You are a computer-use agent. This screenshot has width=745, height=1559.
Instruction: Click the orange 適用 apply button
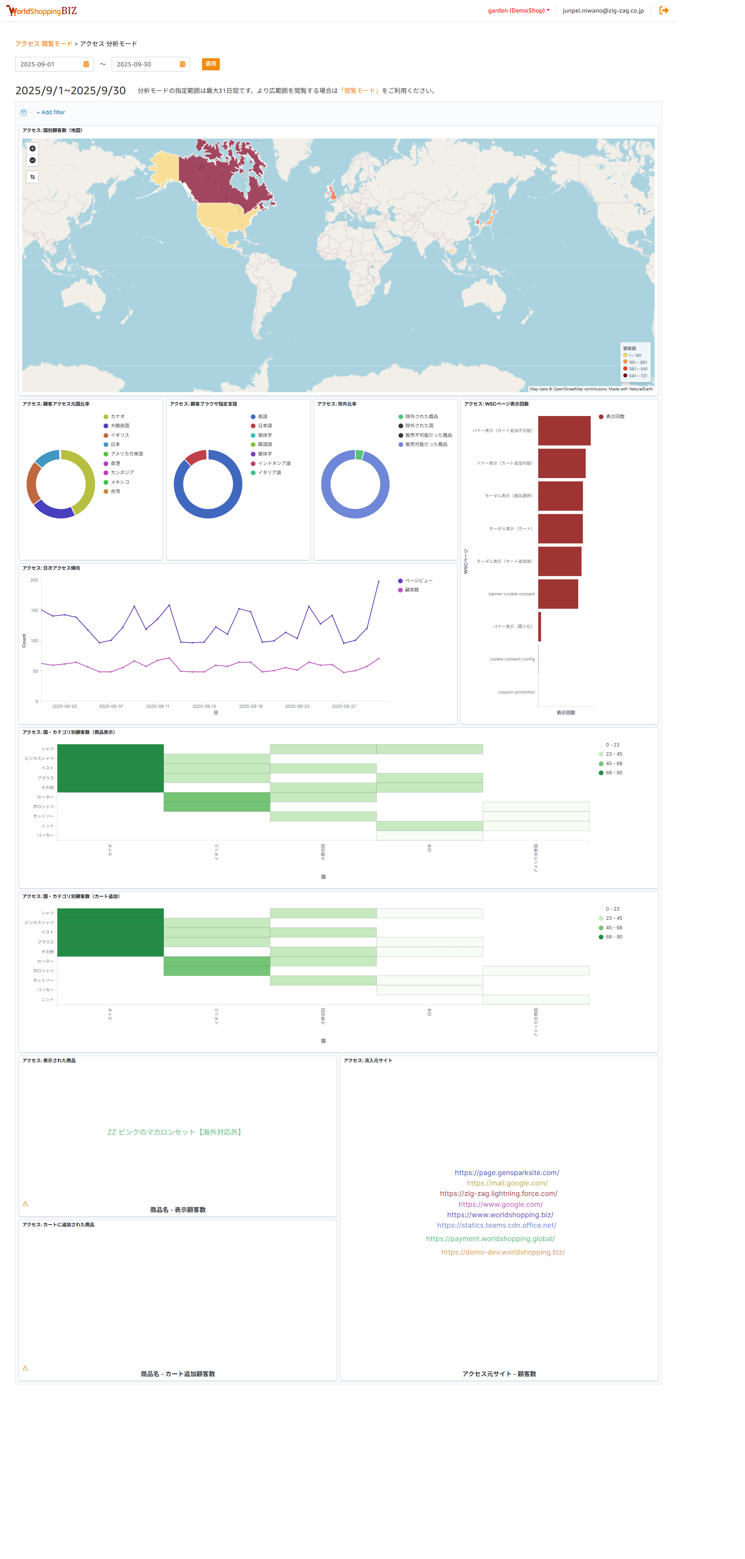pos(211,64)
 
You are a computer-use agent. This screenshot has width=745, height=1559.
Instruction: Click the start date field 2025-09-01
pos(48,64)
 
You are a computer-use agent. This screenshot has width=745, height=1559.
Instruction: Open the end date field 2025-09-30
pos(145,64)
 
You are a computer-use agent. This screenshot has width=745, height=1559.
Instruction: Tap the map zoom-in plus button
pos(33,148)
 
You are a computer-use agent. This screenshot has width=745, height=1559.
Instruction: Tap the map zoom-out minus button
pos(33,160)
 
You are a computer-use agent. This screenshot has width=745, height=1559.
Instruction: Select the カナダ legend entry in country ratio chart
pos(117,416)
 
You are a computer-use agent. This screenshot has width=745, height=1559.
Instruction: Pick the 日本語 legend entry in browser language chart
pos(265,426)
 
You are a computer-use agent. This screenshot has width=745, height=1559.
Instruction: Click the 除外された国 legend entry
pos(419,426)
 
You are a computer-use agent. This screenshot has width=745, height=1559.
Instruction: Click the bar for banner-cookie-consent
pos(557,594)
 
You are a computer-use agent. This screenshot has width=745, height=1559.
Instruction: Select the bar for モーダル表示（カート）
pos(560,528)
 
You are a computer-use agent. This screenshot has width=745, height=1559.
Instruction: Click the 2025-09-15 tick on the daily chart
pos(204,706)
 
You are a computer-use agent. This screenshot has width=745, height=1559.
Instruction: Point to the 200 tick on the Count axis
pos(34,580)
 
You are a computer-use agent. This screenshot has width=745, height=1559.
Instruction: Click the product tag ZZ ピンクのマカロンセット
pos(175,1132)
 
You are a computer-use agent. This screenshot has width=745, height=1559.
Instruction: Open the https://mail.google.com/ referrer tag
pos(507,1183)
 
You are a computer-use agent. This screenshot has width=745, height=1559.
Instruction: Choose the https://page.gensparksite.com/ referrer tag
pos(507,1173)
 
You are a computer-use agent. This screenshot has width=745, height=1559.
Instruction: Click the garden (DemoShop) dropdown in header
pos(519,11)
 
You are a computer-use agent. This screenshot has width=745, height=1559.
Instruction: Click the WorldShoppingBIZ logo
pos(42,11)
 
